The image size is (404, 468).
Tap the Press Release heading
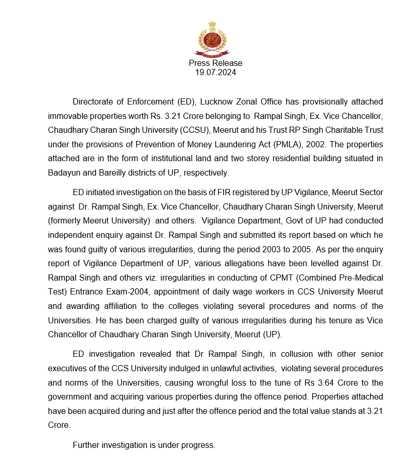click(215, 63)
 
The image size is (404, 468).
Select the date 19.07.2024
click(215, 73)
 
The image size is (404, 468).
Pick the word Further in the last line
click(88, 445)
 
